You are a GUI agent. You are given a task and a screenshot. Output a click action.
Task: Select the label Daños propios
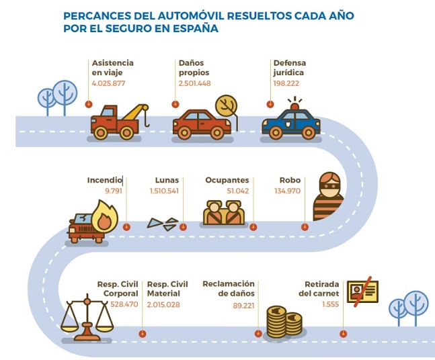[194, 67]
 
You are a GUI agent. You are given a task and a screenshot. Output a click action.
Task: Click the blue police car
[292, 123]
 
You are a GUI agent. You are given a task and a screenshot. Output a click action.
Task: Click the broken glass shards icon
[164, 222]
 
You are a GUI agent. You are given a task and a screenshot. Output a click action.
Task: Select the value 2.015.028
[163, 304]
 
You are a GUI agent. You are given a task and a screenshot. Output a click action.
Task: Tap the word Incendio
[104, 180]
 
